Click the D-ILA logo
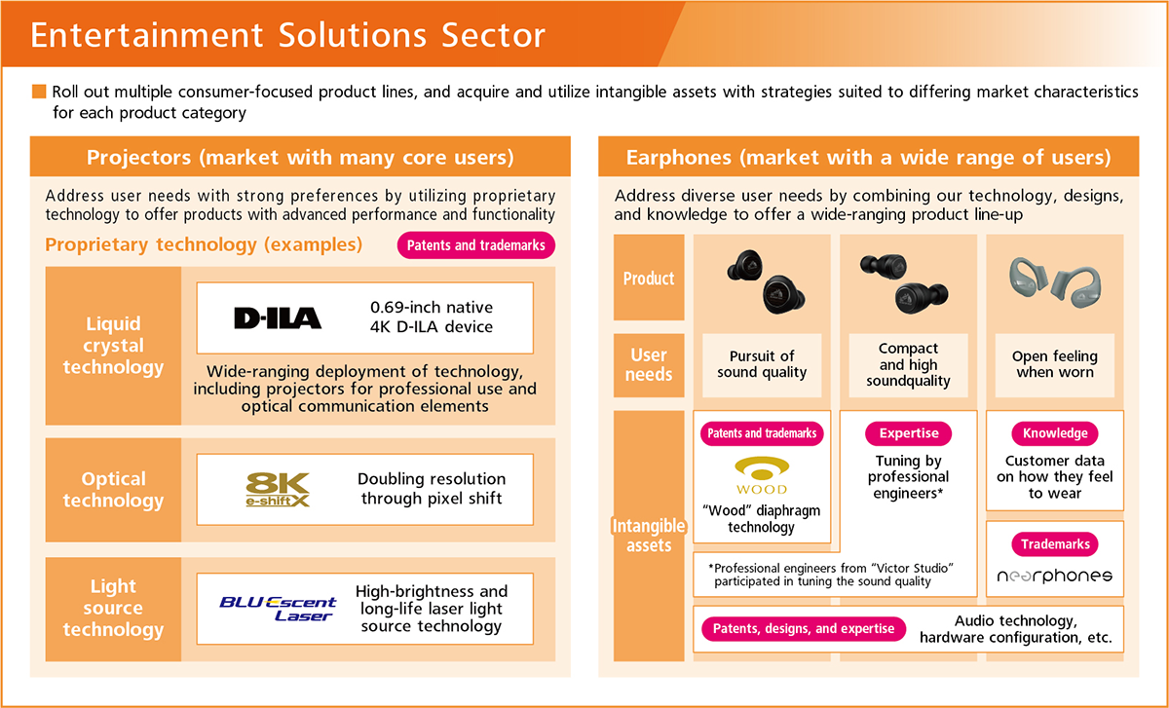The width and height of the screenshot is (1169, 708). tap(277, 317)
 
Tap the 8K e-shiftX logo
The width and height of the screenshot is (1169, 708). tap(278, 489)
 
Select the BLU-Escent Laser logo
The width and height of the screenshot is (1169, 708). tap(278, 608)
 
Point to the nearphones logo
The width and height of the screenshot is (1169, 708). tap(1054, 576)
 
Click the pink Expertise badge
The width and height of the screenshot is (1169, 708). tap(909, 433)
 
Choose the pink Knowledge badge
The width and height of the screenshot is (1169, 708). tap(1055, 433)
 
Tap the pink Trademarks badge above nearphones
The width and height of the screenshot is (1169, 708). tap(1055, 544)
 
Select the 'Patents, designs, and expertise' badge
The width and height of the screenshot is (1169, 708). tap(804, 629)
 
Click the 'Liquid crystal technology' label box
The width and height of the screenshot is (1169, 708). tap(114, 346)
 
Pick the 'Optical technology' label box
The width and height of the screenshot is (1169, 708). tap(114, 490)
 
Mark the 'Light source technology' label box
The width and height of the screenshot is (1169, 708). tap(114, 609)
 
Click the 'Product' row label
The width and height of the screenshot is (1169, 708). tap(649, 279)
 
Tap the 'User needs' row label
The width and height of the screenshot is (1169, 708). tap(649, 365)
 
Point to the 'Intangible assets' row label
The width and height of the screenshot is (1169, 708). tap(649, 536)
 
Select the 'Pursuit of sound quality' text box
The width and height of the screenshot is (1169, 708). tap(762, 364)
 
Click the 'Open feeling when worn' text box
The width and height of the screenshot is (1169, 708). tap(1055, 364)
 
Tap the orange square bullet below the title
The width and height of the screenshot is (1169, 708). tap(39, 92)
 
